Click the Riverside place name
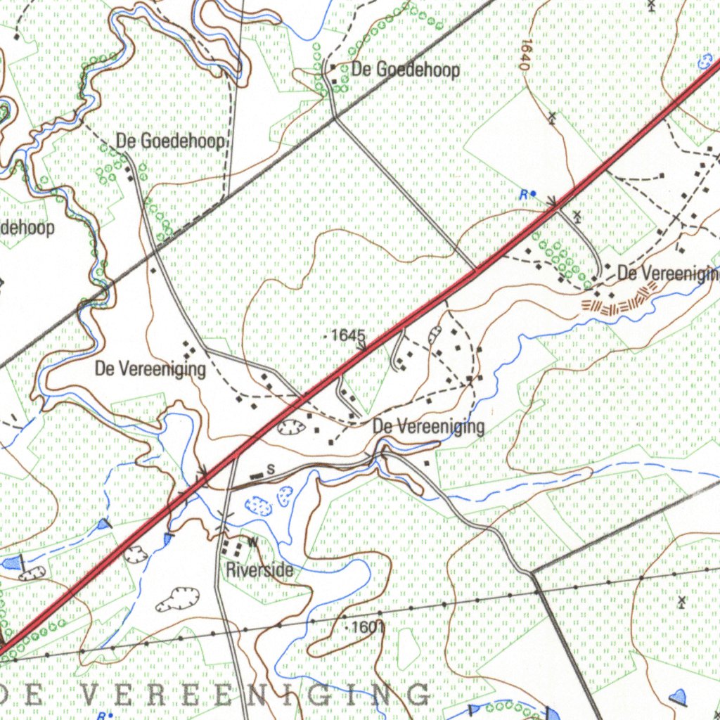point(259,570)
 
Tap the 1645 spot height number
point(348,335)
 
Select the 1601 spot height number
point(367,626)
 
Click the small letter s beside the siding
point(269,468)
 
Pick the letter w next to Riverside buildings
point(253,542)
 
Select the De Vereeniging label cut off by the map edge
point(668,274)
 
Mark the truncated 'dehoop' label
point(27,228)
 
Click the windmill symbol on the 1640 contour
point(553,117)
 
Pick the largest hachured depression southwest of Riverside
point(176,599)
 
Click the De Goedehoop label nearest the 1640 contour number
point(406,70)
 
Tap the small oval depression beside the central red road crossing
point(290,426)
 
